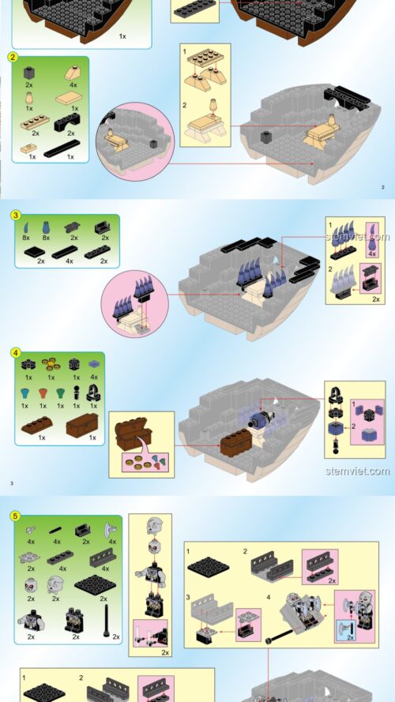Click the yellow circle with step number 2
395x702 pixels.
(x=13, y=57)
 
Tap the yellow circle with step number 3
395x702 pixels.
(x=16, y=216)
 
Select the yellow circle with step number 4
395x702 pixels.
(x=16, y=353)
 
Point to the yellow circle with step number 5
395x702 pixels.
(x=16, y=516)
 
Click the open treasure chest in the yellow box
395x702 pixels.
(x=133, y=434)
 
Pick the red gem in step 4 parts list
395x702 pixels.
(x=43, y=394)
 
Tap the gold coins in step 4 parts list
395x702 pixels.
(x=51, y=364)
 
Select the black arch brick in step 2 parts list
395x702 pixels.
(x=67, y=122)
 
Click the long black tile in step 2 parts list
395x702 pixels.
(x=62, y=148)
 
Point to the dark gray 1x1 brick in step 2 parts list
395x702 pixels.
(x=29, y=73)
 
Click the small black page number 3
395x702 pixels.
(x=12, y=483)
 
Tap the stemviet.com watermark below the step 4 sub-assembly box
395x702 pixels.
(x=357, y=471)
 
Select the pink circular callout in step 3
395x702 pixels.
(x=135, y=303)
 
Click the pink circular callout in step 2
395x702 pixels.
(x=135, y=141)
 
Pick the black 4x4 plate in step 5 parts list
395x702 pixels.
(x=96, y=584)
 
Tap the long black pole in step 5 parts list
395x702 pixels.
(x=107, y=621)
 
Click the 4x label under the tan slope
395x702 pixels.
(x=73, y=84)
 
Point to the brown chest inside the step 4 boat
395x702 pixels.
(x=236, y=442)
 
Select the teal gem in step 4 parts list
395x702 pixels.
(x=24, y=394)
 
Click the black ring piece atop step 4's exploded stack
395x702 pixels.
(x=336, y=396)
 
